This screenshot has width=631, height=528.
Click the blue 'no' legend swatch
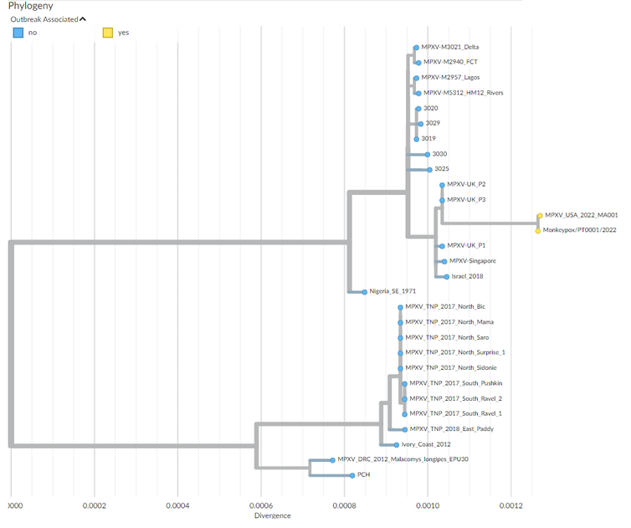17,33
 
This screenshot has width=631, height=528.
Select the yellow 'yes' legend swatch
107,33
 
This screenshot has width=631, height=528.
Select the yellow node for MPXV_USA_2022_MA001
539,215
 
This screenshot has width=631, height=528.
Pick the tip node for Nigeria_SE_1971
365,292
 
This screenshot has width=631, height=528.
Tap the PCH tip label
363,475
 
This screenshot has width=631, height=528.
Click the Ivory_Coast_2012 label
426,444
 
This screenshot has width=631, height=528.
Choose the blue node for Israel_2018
447,276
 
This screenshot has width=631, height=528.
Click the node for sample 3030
427,154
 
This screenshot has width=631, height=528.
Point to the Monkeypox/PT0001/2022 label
579,230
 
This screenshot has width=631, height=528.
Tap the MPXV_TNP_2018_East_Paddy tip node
405,429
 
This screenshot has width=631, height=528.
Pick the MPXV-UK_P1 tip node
441,246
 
